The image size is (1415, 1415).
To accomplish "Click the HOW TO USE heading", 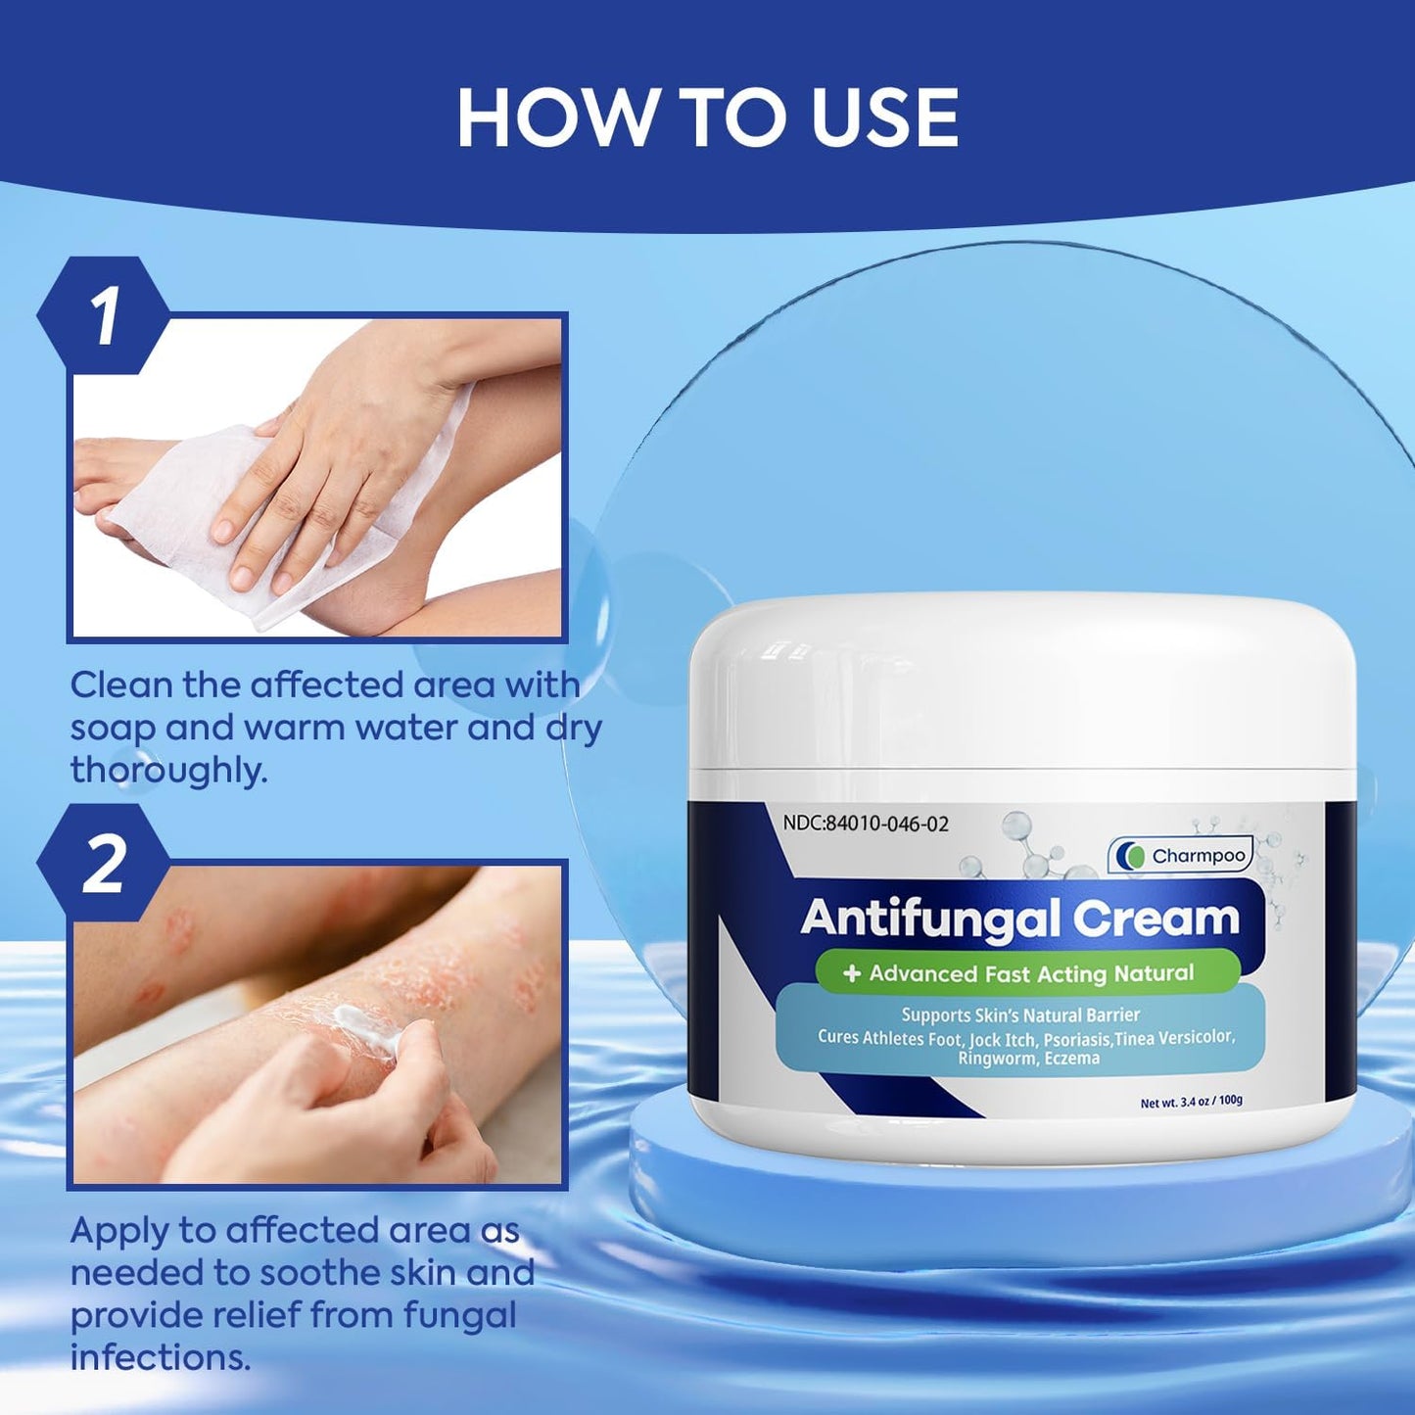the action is click(x=707, y=118).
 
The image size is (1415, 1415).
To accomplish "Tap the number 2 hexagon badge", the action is click(x=104, y=864).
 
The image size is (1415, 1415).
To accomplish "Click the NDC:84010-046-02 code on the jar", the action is click(x=865, y=823).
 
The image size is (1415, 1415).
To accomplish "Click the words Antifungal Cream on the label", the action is click(x=1020, y=918).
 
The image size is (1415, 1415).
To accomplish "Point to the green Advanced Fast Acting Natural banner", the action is click(x=1027, y=973).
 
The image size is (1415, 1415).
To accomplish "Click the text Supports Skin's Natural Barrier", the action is click(x=1020, y=1014).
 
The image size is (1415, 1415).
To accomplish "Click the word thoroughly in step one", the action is click(x=168, y=771).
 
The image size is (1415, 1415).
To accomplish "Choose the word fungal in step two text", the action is click(x=459, y=1314).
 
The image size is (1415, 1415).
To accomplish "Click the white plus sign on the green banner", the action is click(x=852, y=973).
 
